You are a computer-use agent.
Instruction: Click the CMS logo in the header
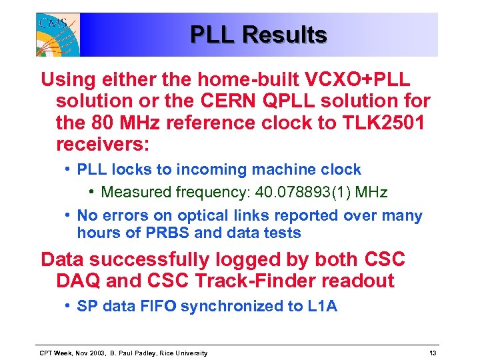tap(58, 35)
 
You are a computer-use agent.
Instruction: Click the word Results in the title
tap(285, 35)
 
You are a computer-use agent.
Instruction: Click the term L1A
tap(323, 306)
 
